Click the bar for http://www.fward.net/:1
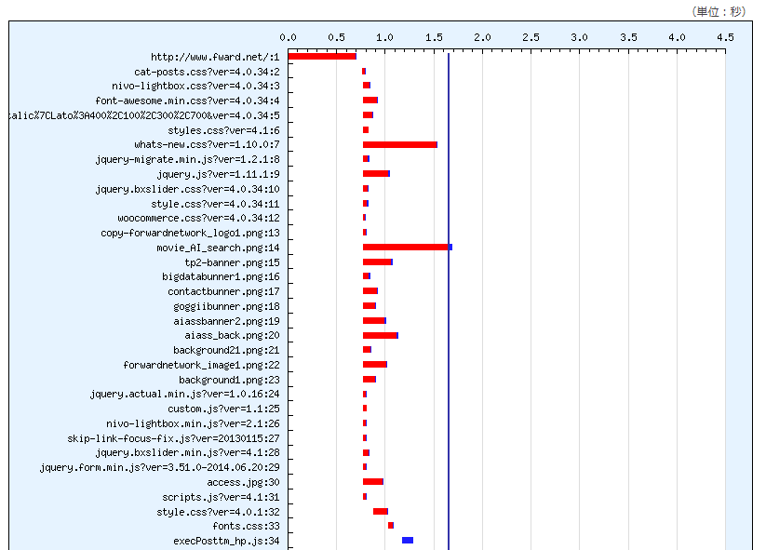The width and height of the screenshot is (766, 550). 322,57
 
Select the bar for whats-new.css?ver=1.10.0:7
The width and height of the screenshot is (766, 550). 400,144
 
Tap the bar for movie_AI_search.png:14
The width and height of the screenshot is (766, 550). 408,248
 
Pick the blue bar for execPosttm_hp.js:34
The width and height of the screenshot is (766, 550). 408,541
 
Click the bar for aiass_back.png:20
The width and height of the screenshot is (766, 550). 381,335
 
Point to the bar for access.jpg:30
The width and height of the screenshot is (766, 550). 373,482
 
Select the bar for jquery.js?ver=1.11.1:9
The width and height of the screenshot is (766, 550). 376,174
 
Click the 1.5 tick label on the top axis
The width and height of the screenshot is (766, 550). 434,37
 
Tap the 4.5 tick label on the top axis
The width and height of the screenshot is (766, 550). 725,37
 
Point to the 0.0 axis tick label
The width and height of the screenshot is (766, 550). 289,37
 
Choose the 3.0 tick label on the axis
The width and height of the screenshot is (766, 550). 579,37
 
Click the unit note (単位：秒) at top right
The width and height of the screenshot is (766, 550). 719,11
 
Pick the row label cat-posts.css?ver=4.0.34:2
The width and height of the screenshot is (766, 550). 207,72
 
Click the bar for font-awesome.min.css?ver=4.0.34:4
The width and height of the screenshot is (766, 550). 370,101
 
